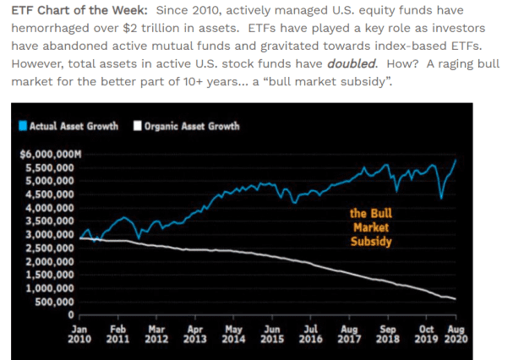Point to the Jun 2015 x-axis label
tap(272, 333)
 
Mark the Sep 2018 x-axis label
tap(389, 333)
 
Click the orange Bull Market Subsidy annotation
tap(371, 226)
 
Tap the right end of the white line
tap(456, 299)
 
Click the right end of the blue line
tap(457, 159)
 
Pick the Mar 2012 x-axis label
tap(156, 333)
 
